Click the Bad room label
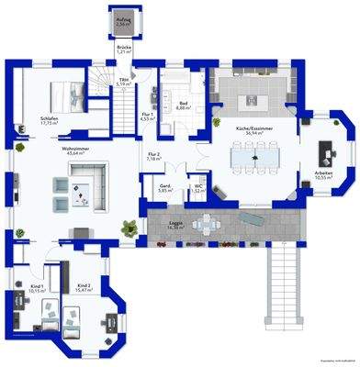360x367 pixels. click(x=183, y=105)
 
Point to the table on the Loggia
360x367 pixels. click(x=210, y=222)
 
